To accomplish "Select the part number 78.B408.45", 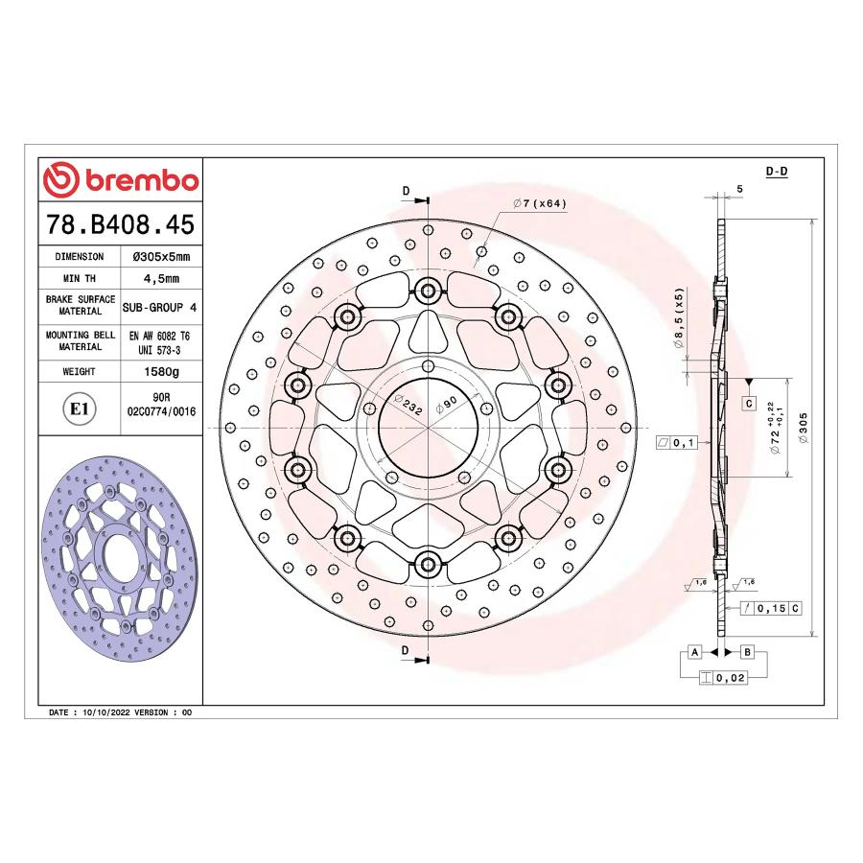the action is pos(121,224).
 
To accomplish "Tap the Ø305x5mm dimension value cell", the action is pos(161,256).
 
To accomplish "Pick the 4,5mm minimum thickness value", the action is pos(161,278).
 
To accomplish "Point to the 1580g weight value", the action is pos(161,371).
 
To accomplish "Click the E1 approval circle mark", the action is pos(80,408).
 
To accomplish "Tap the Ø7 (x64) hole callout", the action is pos(539,203).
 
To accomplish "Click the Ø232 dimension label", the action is pos(408,405).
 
